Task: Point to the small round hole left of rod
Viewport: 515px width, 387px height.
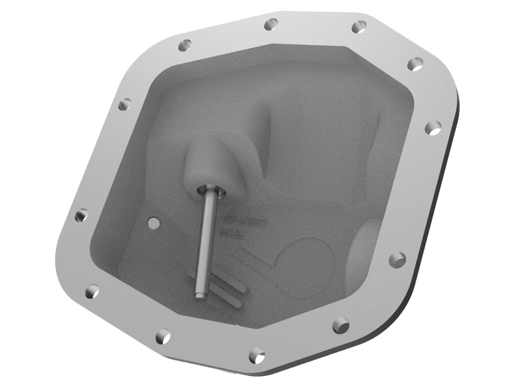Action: [153, 222]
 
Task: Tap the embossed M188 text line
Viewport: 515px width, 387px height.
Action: [234, 236]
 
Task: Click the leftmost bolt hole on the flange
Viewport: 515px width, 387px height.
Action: [80, 216]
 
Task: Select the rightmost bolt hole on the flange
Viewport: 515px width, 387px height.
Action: [435, 127]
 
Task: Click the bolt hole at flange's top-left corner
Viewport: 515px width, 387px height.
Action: [185, 45]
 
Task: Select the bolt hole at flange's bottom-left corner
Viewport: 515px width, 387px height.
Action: [92, 290]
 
